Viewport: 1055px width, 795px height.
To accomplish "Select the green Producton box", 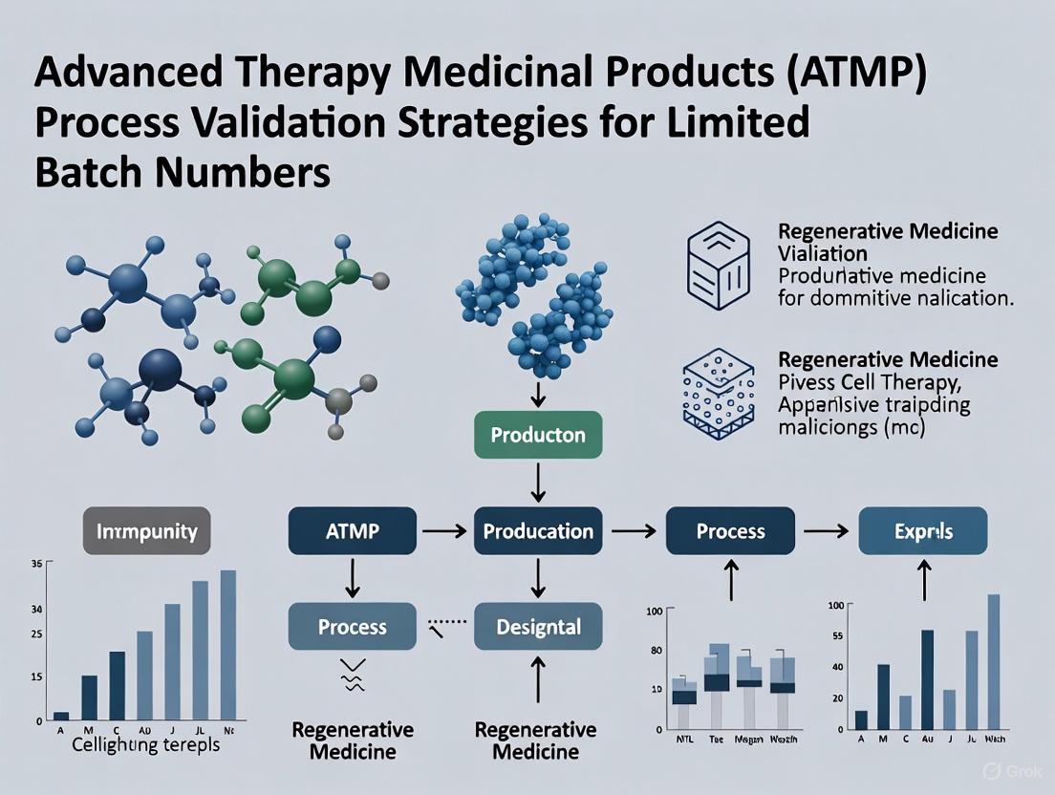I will point(537,435).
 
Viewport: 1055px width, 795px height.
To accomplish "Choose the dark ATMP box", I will point(353,531).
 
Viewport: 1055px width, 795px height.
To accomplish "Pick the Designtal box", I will point(538,627).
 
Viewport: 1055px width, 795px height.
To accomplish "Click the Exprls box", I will point(923,531).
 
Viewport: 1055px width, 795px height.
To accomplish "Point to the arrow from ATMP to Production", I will point(444,531).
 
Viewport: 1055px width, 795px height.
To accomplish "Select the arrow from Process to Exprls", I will point(829,531).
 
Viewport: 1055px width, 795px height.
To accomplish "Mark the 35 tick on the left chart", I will point(36,565).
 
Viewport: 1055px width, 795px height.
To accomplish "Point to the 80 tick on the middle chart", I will point(656,651).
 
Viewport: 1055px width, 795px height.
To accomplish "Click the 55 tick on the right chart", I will point(837,635).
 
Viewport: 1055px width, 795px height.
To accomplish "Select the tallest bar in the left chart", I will point(228,644).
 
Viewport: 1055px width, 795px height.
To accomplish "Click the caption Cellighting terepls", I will point(145,744).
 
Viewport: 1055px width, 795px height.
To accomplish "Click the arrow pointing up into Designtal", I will point(538,680).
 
